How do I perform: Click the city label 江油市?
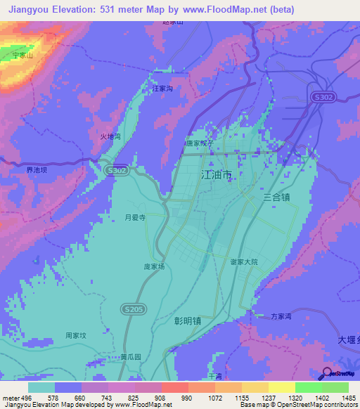[217, 174]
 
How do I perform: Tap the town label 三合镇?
[276, 197]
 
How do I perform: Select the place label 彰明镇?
[188, 320]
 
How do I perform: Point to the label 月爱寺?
[135, 218]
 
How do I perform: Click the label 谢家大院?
[244, 261]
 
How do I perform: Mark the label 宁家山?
[22, 54]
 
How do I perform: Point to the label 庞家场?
[154, 267]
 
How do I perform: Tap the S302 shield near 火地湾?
[117, 170]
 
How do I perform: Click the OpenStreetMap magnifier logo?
[326, 373]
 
